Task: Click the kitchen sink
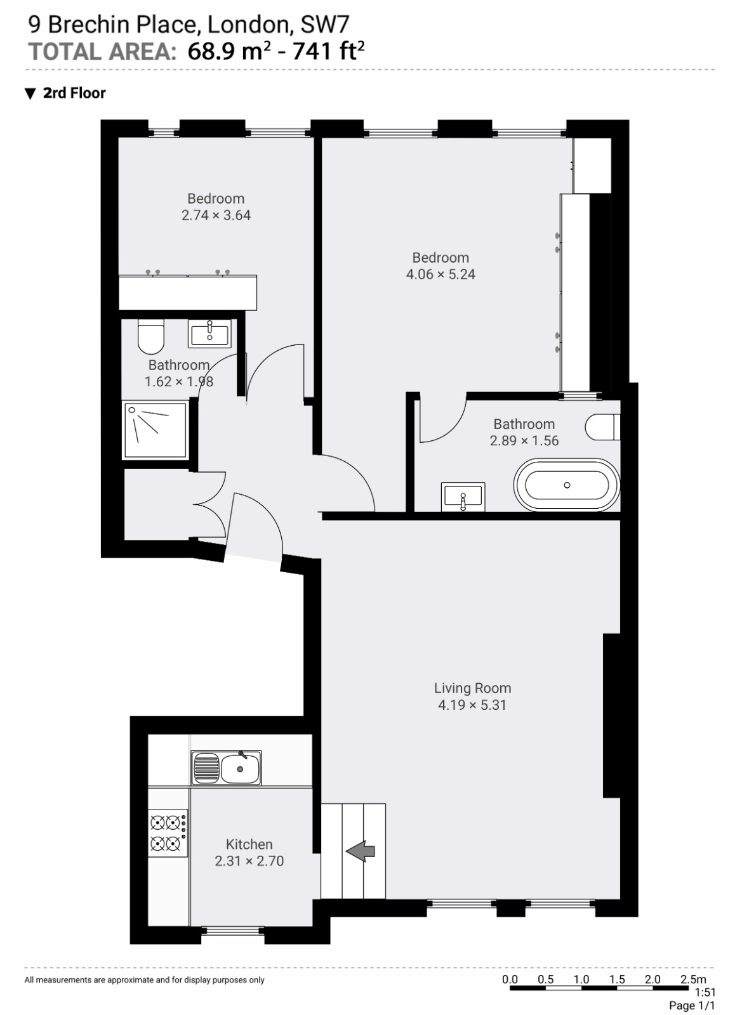tap(226, 768)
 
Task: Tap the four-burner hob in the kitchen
tap(168, 833)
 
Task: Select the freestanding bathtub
tap(567, 485)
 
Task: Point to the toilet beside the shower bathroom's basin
tap(150, 336)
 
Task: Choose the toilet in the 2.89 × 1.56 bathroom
tap(602, 427)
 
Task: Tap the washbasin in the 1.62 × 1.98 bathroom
tap(210, 333)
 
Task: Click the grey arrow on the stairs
tap(361, 851)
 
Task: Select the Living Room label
tap(472, 688)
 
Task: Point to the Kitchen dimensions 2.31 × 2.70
tap(249, 861)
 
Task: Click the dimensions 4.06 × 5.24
tap(441, 275)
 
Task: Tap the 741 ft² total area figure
tap(328, 51)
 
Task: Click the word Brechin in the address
tap(89, 25)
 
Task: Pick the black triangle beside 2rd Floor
tap(30, 94)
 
